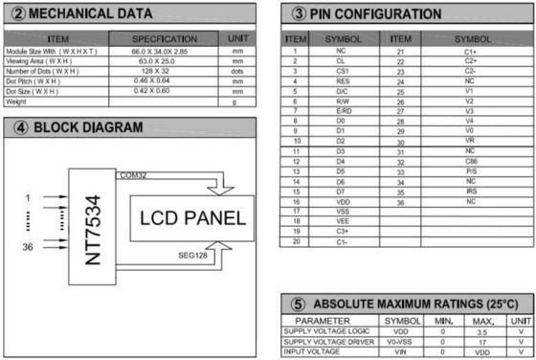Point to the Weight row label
(x=16, y=101)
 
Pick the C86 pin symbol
(x=470, y=162)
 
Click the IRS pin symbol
(x=470, y=192)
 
